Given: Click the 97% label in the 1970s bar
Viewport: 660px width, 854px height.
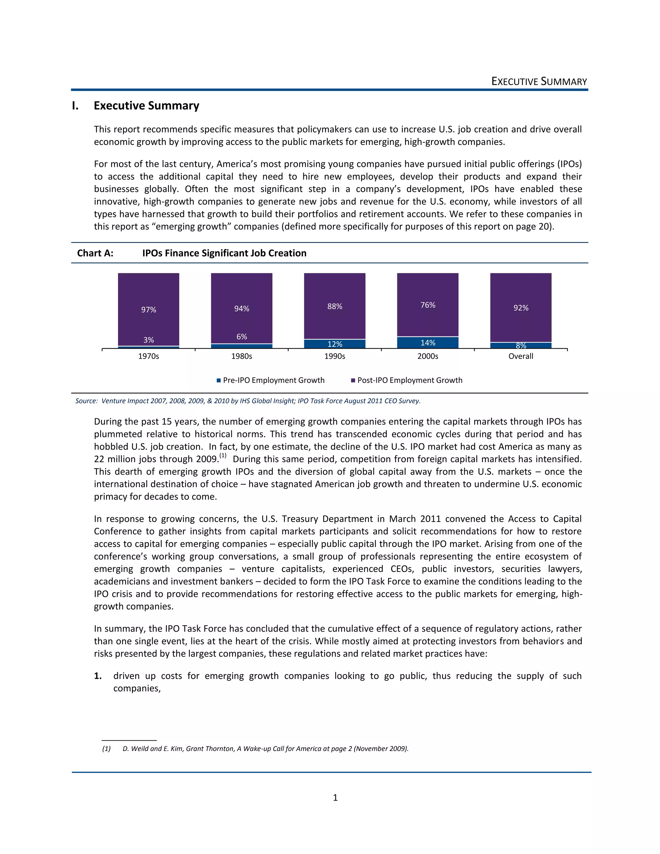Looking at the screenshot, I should click(149, 310).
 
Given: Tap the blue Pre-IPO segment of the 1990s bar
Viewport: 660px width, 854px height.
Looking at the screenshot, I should click(335, 344).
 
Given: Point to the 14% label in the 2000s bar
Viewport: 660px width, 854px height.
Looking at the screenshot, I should click(428, 343).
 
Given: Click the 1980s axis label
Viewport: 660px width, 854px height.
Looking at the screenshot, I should click(242, 356).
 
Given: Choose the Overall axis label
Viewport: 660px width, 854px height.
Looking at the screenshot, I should click(520, 356).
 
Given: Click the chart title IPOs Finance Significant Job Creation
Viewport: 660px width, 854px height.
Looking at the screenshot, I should click(224, 253).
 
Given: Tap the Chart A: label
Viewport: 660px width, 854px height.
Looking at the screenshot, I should click(95, 253).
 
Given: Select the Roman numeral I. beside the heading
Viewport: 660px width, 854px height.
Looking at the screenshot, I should click(75, 106).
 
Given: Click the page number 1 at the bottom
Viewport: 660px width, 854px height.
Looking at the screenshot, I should click(335, 797).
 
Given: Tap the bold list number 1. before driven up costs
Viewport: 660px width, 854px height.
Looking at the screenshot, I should click(98, 676).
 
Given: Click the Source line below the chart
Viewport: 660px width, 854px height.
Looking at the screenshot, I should click(248, 401).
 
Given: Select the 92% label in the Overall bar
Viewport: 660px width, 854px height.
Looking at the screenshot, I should click(521, 308).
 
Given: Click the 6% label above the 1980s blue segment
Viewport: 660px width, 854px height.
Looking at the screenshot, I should click(242, 337).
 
